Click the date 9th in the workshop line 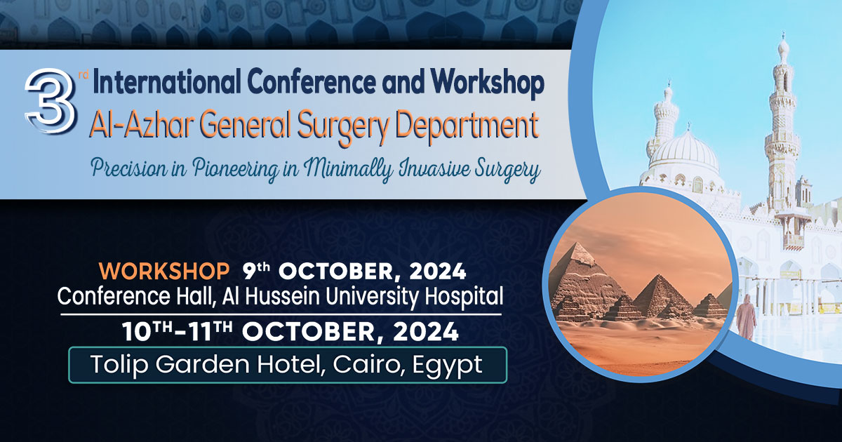pos(260,270)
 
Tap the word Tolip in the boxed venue pos(116,365)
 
